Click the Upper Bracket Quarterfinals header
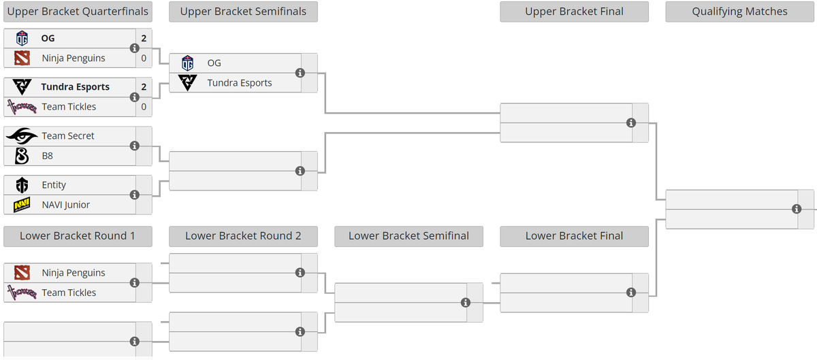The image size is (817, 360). [78, 12]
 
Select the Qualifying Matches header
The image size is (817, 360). [739, 12]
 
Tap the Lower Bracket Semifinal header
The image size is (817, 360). [409, 236]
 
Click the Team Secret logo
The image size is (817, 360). [22, 136]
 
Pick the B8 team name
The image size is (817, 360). [48, 156]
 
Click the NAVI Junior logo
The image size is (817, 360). [22, 205]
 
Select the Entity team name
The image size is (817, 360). [54, 185]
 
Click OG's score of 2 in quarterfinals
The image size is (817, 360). [144, 38]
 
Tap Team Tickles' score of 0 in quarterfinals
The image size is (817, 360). [144, 107]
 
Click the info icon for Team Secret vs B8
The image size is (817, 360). [135, 146]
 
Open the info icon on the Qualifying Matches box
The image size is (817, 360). [797, 209]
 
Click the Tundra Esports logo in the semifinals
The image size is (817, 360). [187, 83]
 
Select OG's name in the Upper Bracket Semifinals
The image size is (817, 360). [214, 63]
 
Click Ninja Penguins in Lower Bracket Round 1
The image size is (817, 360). [74, 273]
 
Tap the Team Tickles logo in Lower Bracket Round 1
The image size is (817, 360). [22, 293]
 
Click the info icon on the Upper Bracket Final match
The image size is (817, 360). [631, 123]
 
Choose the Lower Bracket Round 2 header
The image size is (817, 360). [243, 236]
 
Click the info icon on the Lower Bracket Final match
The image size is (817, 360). [631, 293]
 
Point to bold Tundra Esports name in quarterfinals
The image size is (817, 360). [76, 87]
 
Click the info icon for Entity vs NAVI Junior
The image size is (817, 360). [135, 195]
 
